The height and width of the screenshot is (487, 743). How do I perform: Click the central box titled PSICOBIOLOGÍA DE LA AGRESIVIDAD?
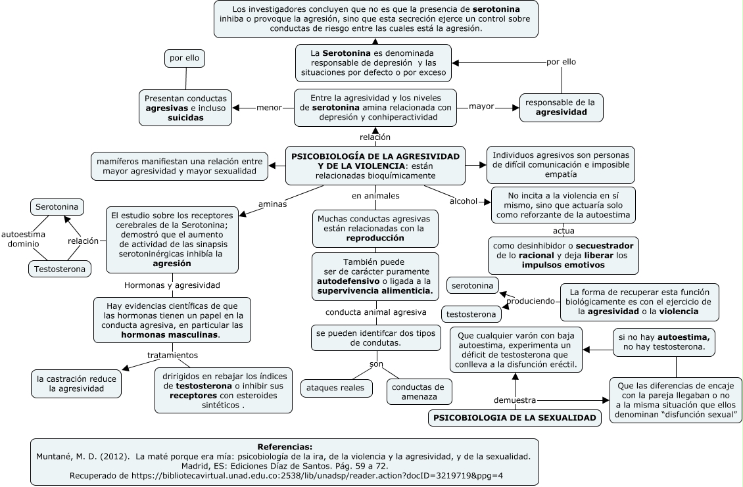pyautogui.click(x=375, y=166)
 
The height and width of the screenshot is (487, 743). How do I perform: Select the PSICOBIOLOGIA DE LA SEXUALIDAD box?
pyautogui.click(x=515, y=417)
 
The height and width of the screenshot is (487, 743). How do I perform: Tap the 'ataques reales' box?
pyautogui.click(x=335, y=388)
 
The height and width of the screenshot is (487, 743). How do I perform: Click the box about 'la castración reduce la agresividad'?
pyautogui.click(x=76, y=384)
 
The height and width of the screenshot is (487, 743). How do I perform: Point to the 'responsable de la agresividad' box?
pyautogui.click(x=561, y=108)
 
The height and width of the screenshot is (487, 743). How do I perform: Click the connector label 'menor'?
pyautogui.click(x=269, y=108)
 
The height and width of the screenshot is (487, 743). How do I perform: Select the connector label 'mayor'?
pyautogui.click(x=481, y=106)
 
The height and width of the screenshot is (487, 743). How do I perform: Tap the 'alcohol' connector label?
pyautogui.click(x=463, y=201)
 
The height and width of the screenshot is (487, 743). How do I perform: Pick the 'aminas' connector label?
pyautogui.click(x=272, y=204)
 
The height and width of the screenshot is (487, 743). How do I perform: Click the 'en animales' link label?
pyautogui.click(x=375, y=196)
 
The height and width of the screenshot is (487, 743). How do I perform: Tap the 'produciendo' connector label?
pyautogui.click(x=530, y=301)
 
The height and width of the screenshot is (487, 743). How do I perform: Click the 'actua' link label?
pyautogui.click(x=563, y=231)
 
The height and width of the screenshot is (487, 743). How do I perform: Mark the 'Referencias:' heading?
pyautogui.click(x=285, y=446)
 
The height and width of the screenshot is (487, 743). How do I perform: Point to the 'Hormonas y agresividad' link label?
pyautogui.click(x=172, y=285)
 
